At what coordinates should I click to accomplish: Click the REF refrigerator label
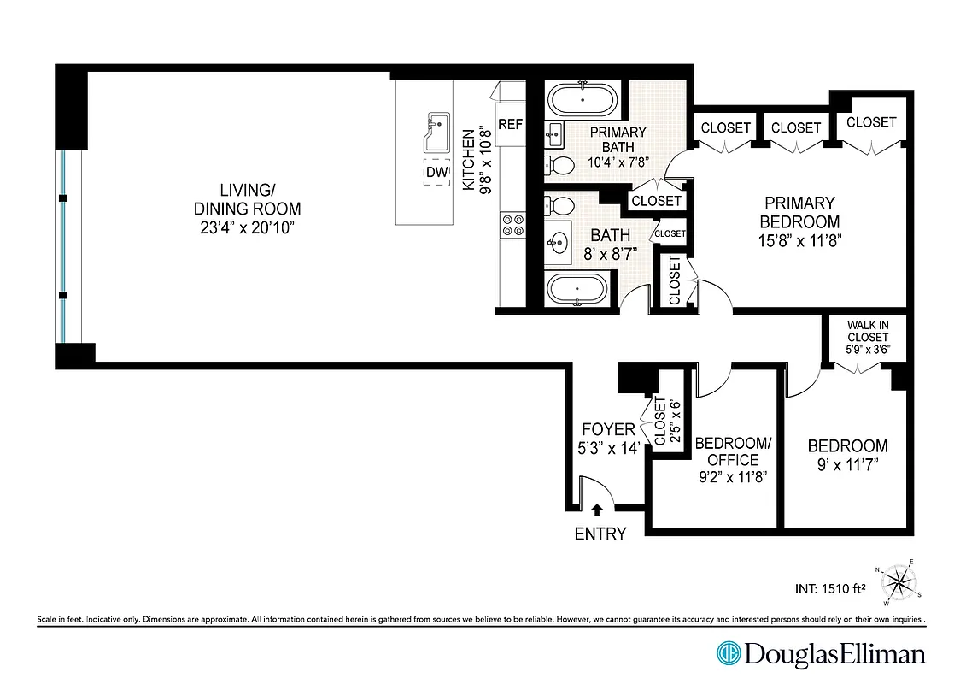510,125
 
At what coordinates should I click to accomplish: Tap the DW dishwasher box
436,173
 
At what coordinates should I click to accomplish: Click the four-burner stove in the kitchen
512,224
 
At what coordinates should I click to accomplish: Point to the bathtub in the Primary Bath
582,99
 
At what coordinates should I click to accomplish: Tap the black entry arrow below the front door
596,510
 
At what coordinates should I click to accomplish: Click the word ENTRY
600,534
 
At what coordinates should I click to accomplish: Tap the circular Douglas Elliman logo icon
729,654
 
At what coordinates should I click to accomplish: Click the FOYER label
607,430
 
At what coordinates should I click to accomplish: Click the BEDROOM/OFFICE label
733,451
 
